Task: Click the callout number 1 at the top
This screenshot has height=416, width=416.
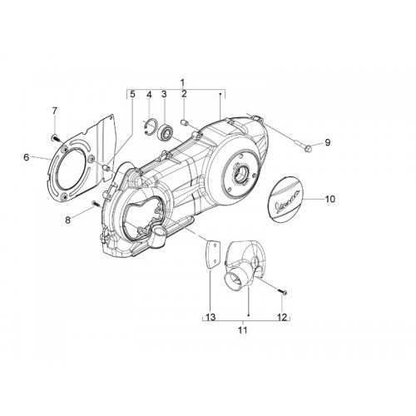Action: (x=182, y=82)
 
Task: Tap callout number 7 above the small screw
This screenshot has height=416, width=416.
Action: (x=55, y=111)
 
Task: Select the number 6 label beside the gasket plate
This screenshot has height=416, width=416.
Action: (x=27, y=157)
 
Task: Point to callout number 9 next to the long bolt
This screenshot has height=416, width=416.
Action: (x=328, y=142)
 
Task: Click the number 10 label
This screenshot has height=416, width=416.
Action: (x=330, y=199)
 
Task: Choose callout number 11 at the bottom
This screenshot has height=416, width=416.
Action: (x=243, y=330)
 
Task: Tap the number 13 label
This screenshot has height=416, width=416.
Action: (x=210, y=317)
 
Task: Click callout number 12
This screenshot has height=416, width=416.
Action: (x=282, y=317)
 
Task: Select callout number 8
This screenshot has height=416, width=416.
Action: (x=68, y=220)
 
